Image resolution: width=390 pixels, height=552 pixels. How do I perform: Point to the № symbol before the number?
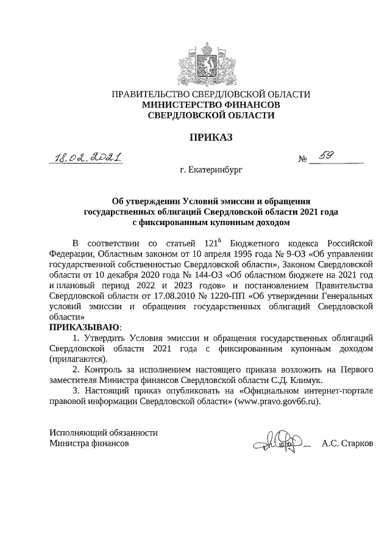pos(302,161)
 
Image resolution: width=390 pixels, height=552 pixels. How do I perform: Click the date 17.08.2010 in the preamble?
pos(160,295)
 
